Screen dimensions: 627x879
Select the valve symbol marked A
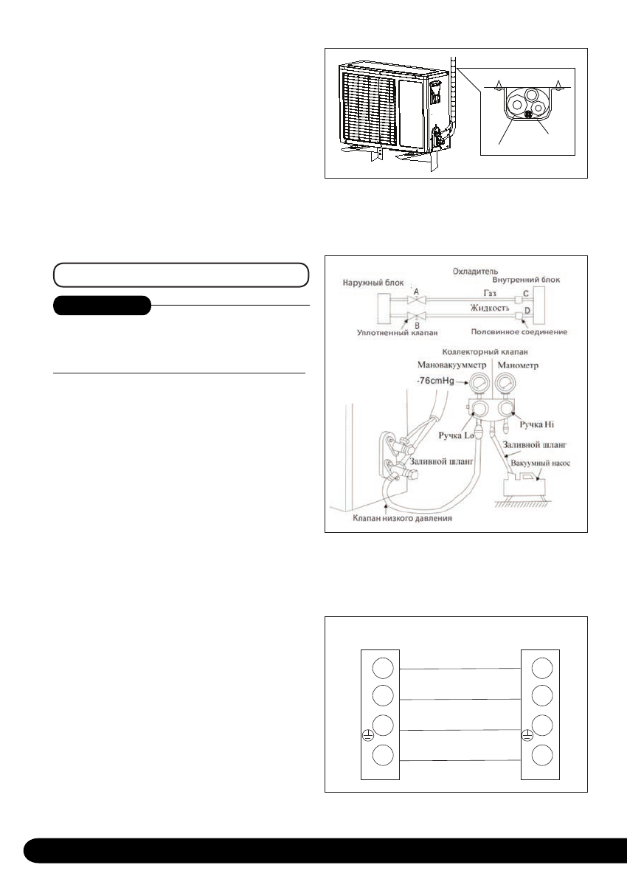[417, 300]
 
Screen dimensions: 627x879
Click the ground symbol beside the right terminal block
[527, 734]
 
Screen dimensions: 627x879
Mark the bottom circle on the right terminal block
[541, 757]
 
